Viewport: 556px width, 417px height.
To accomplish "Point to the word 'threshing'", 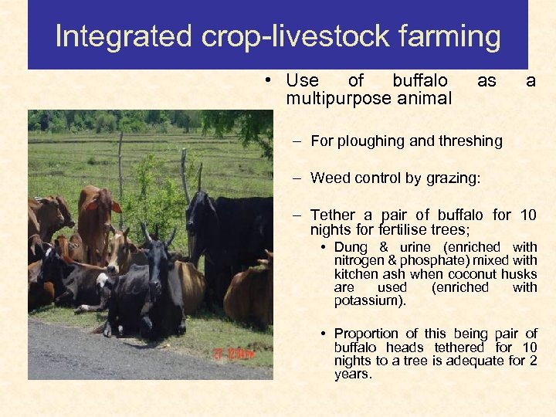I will pyautogui.click(x=473, y=141).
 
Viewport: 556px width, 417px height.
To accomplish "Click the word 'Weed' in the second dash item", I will pyautogui.click(x=327, y=178).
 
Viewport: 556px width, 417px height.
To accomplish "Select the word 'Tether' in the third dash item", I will pyautogui.click(x=333, y=215).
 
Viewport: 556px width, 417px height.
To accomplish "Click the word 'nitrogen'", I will pyautogui.click(x=358, y=261).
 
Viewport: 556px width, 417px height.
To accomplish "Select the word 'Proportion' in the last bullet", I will pyautogui.click(x=366, y=334).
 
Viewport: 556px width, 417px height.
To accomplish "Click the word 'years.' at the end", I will pyautogui.click(x=353, y=374).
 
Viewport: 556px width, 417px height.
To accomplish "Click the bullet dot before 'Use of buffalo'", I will pyautogui.click(x=265, y=81).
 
